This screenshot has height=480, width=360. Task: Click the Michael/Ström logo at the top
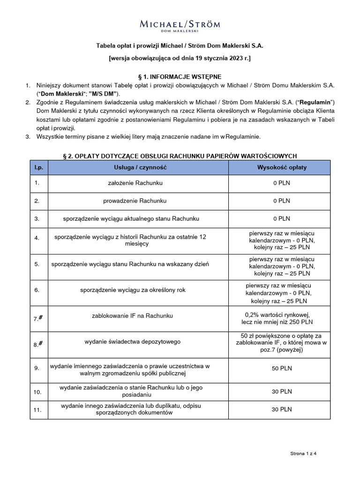180,25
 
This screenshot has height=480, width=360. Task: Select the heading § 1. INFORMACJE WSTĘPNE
180,76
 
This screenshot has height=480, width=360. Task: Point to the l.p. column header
39,167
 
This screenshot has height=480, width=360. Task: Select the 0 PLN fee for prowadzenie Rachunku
282,201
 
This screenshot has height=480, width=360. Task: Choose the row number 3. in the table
37,218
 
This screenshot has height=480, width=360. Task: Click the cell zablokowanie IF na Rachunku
132,316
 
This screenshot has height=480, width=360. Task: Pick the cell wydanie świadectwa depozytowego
132,342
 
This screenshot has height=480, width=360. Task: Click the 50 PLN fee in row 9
282,368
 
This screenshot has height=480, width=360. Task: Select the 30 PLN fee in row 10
282,391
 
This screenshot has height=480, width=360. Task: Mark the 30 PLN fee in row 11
282,409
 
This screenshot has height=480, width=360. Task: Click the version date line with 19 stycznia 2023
180,59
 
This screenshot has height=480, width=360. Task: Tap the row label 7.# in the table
38,318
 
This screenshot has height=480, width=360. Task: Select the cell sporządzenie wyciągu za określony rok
132,290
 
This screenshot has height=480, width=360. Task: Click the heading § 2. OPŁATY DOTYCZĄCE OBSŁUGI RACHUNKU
180,156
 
